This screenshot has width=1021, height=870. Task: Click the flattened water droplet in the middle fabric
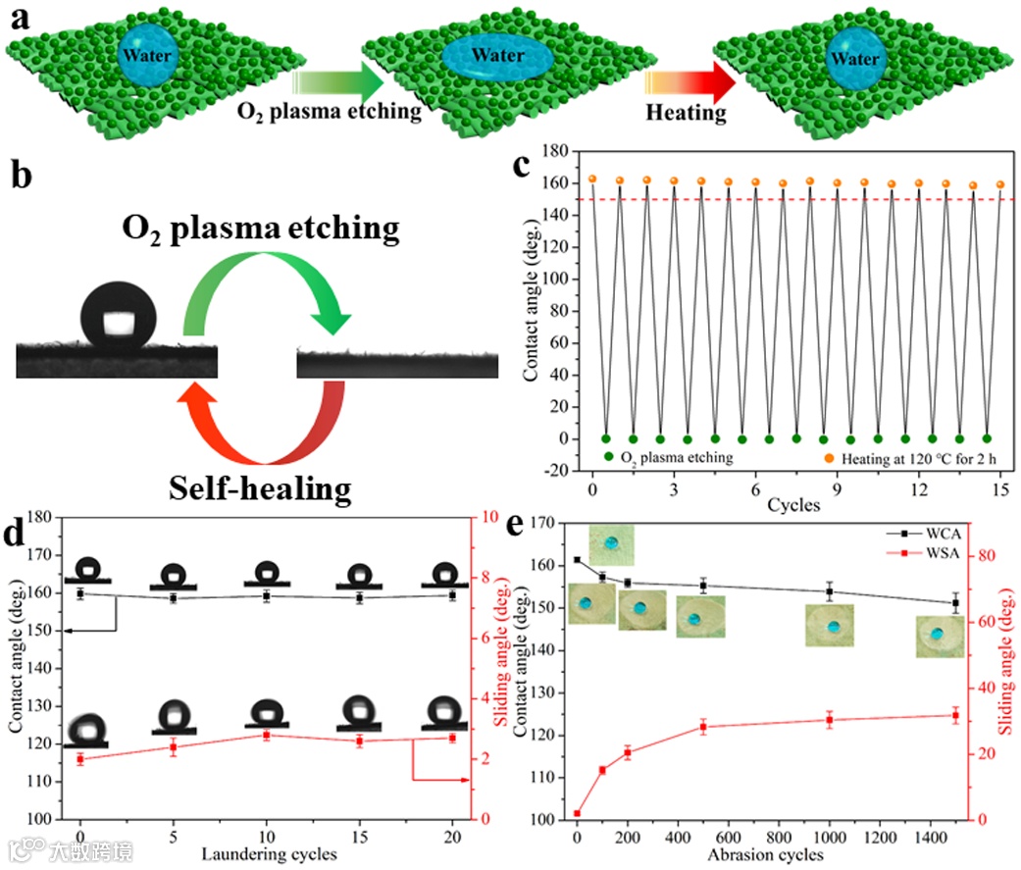coord(496,60)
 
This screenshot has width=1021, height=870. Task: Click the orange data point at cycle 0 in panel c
coord(592,179)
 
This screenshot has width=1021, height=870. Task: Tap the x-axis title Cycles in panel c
coord(794,507)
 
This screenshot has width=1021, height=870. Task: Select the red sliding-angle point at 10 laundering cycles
coord(266,735)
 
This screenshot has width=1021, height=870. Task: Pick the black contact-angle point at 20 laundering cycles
coord(452,594)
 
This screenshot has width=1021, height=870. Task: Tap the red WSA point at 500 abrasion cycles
coord(703,727)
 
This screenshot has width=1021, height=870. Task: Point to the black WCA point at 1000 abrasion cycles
coord(830,591)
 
